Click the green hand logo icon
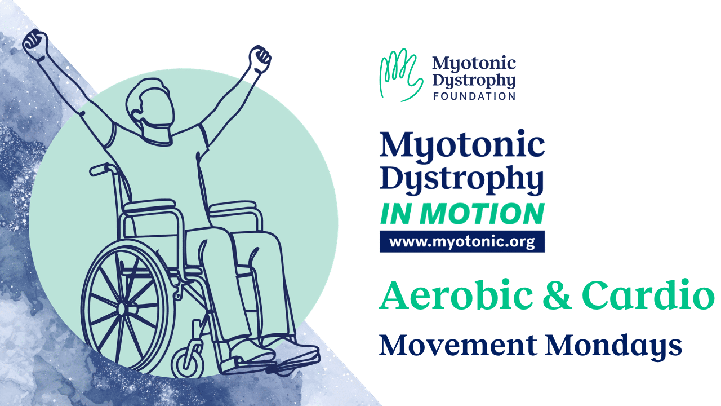coord(401,75)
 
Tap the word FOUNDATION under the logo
coord(474,96)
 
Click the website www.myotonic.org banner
coord(462,241)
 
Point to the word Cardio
coord(648,295)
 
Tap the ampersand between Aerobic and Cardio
coord(557,295)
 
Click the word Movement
coord(458,346)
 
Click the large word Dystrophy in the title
coord(462,179)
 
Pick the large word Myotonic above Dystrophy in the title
coord(462,145)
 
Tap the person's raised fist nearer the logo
coord(260,59)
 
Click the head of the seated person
coord(150,107)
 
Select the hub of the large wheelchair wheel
coord(122,308)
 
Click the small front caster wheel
coord(188,364)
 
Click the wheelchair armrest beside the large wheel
coord(149,205)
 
